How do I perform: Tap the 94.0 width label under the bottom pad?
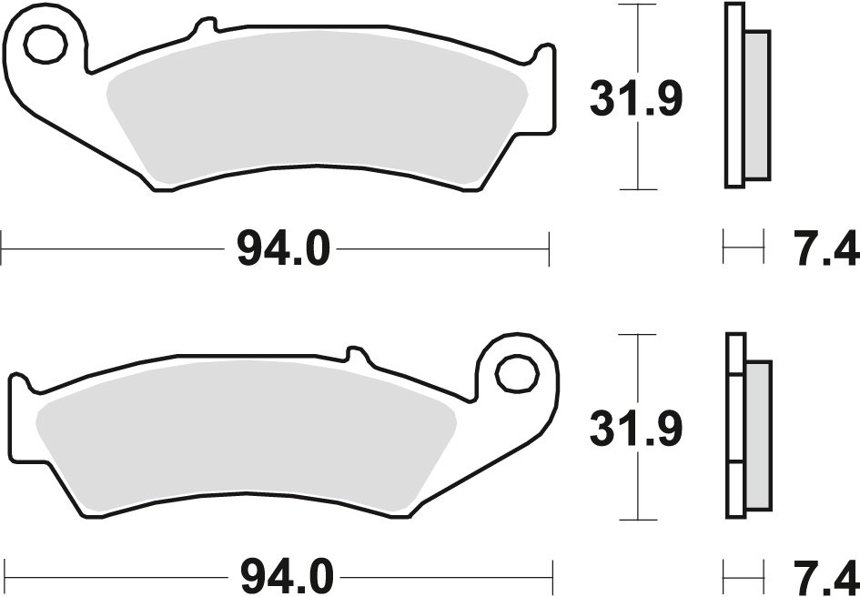click(x=283, y=577)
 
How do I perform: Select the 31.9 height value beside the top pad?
click(x=635, y=100)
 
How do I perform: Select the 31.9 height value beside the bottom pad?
click(x=635, y=430)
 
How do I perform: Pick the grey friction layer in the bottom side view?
click(x=757, y=437)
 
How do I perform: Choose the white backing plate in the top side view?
click(x=734, y=96)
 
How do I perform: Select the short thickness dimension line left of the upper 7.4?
click(x=742, y=248)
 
